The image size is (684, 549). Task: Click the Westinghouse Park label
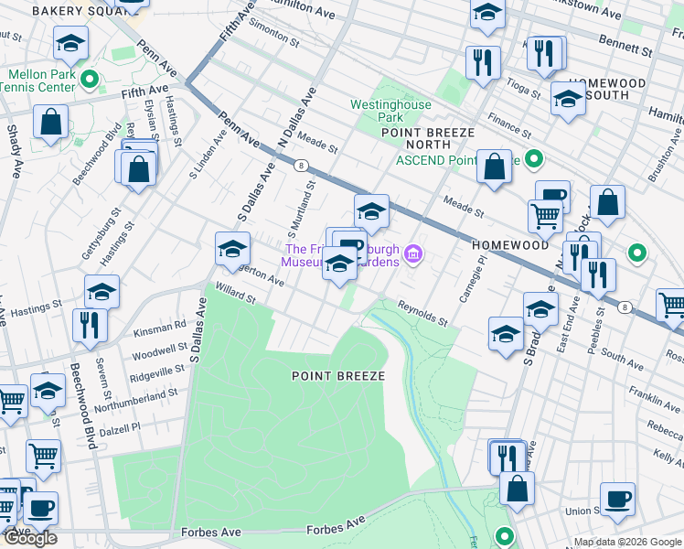[390, 112]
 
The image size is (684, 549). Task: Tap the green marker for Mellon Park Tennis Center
[90, 80]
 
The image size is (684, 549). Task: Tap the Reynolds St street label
[422, 314]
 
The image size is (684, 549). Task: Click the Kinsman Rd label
[158, 325]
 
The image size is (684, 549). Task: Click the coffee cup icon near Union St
[617, 498]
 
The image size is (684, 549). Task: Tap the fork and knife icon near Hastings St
[90, 324]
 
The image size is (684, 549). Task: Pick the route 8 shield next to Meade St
[300, 165]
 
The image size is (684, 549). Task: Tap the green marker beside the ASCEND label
[536, 159]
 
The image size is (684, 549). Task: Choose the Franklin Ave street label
[654, 393]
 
